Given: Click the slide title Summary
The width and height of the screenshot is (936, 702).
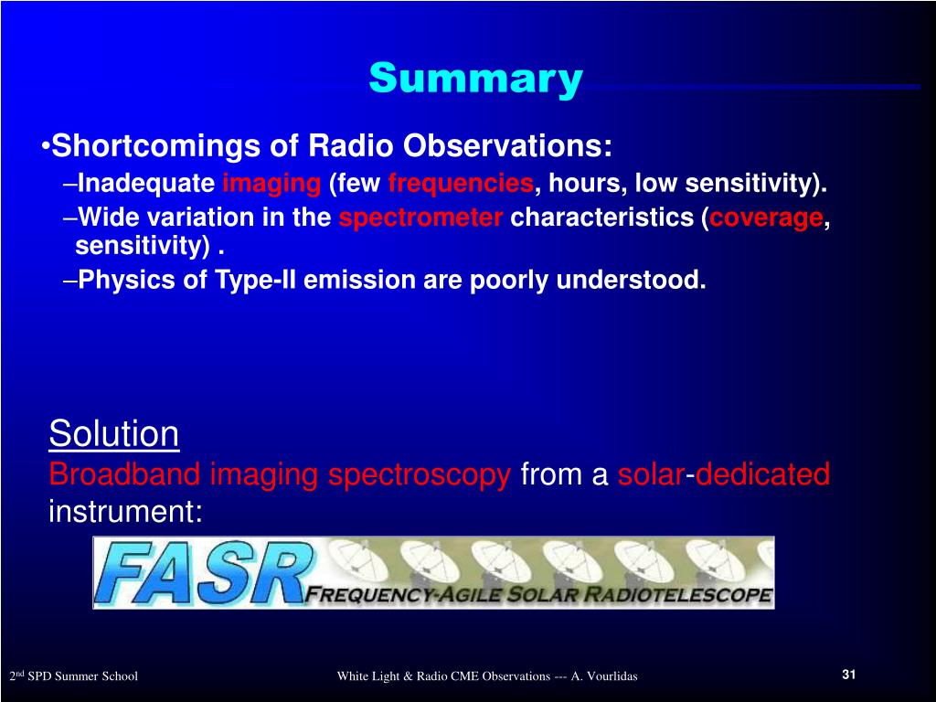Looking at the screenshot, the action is (475, 80).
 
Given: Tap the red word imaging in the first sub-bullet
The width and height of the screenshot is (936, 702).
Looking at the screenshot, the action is (271, 184).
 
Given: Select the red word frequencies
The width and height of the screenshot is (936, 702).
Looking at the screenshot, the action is (461, 183).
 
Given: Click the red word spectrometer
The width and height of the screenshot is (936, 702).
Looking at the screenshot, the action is (420, 218).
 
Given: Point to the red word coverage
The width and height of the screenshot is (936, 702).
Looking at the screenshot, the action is (767, 218).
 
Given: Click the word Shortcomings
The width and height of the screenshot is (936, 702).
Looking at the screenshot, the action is (156, 147).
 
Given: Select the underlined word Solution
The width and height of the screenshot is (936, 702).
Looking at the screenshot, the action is (113, 432).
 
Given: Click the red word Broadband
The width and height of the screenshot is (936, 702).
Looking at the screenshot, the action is (124, 474).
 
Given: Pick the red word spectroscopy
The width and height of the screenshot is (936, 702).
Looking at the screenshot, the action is (420, 475).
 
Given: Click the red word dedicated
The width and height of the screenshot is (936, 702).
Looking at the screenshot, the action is (763, 474).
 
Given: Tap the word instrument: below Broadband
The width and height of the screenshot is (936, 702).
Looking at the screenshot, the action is (125, 512).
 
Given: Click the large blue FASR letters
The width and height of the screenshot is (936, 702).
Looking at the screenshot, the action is (203, 573).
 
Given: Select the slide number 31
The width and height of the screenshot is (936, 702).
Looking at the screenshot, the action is (849, 675).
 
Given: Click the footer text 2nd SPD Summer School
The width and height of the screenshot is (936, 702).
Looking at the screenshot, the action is (73, 675).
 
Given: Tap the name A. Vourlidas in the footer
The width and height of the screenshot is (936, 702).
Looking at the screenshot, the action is (604, 676).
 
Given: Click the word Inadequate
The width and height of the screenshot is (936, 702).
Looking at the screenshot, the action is (147, 184).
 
